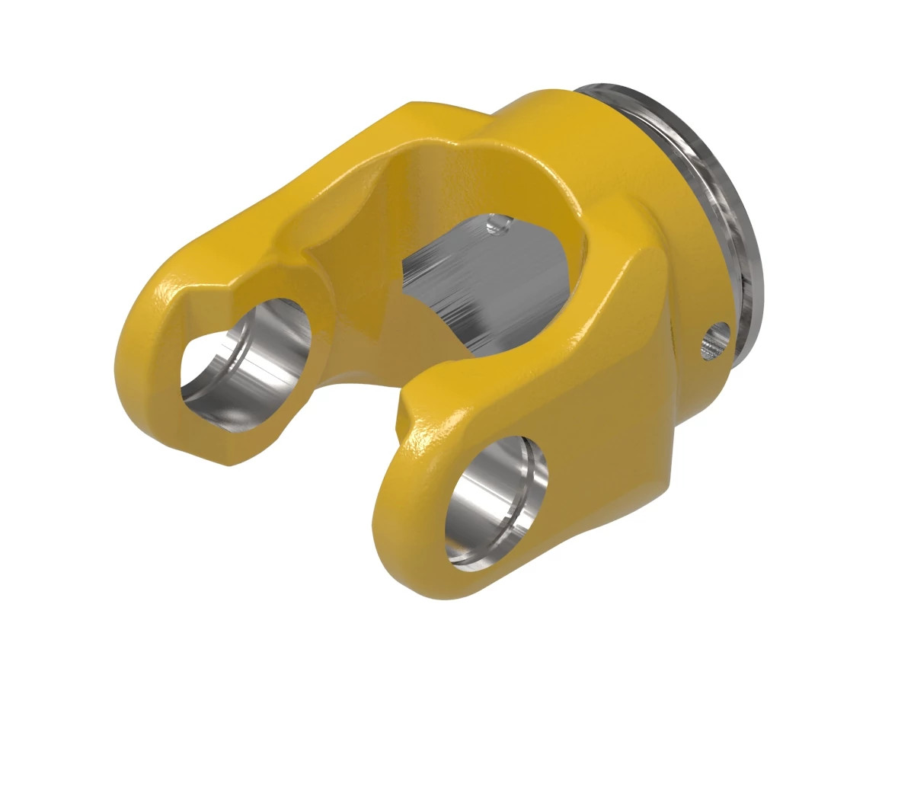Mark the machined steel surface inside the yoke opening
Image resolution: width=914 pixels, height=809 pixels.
(487, 282)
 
